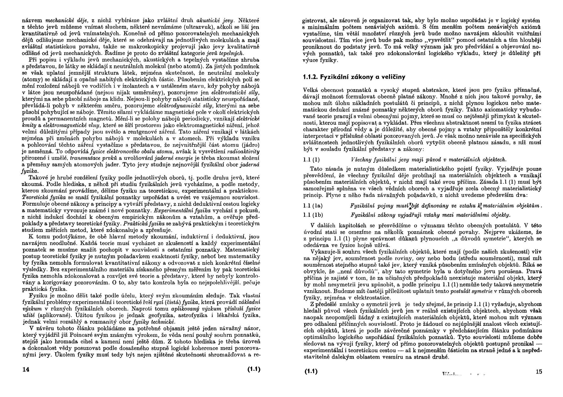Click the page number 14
click(26, 370)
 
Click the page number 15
click(539, 372)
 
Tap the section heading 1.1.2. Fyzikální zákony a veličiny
click(354, 77)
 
